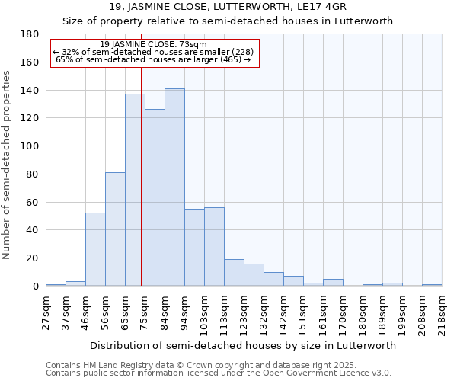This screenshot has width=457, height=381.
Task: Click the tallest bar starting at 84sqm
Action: tap(174, 187)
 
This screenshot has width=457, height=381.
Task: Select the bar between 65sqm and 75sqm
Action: tap(135, 190)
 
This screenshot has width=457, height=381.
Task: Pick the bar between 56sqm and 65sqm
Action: tap(115, 229)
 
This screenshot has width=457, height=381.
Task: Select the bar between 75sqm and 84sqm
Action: tap(155, 197)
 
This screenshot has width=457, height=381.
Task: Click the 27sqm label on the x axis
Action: tap(46, 312)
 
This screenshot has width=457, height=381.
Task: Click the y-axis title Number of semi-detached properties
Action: tap(8, 164)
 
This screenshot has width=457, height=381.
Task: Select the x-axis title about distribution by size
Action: tap(242, 345)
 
